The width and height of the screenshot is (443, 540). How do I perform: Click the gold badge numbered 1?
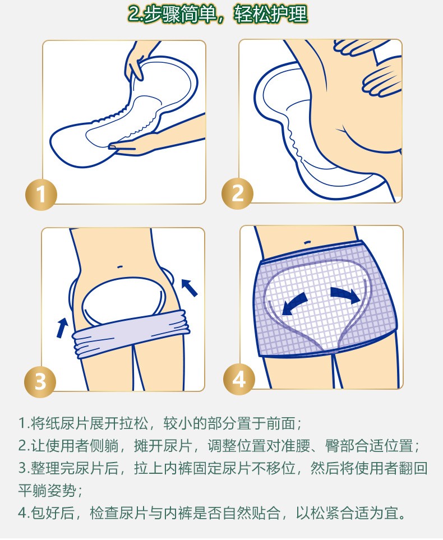[41, 194]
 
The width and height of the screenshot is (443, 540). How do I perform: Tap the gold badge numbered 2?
[237, 193]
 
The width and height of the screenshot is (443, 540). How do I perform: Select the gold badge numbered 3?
[40, 381]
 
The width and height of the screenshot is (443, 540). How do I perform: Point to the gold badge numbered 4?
[239, 380]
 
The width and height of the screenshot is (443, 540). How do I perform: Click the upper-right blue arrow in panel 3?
[189, 287]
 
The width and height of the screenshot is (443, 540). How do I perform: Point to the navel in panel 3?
[119, 266]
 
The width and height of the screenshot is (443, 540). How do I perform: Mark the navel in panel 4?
[308, 242]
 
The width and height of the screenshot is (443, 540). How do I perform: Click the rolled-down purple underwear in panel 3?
[131, 333]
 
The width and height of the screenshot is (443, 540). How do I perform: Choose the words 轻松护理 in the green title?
[271, 15]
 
